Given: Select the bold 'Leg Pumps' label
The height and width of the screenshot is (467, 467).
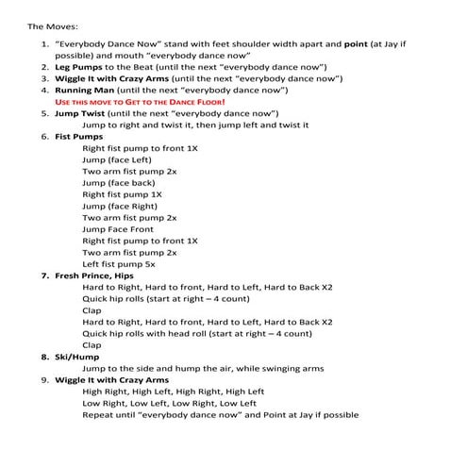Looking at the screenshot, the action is pyautogui.click(x=77, y=68).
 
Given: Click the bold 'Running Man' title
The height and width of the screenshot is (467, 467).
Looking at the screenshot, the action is pyautogui.click(x=84, y=91).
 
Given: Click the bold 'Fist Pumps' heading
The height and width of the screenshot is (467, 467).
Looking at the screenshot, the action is pyautogui.click(x=78, y=137).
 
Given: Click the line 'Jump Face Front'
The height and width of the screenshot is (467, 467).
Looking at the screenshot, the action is pyautogui.click(x=118, y=229).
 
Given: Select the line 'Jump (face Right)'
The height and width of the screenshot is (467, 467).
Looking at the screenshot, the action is pyautogui.click(x=119, y=206).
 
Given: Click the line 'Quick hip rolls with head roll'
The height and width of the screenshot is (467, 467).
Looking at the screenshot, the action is pyautogui.click(x=196, y=333).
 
